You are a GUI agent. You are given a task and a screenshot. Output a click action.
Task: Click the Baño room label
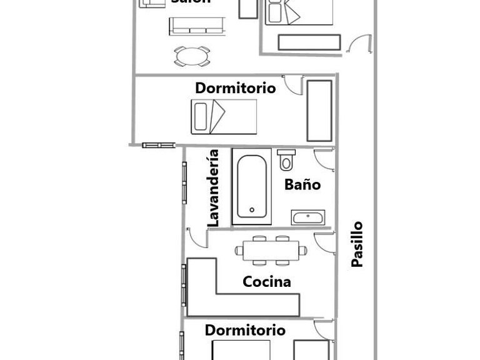click(302, 184)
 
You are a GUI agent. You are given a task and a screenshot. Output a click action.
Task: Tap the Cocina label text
click(267, 282)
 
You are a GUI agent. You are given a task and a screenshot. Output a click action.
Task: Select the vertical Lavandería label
click(213, 187)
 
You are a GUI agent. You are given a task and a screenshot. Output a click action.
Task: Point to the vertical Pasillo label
click(357, 244)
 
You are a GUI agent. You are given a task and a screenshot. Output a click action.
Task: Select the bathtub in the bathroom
click(252, 186)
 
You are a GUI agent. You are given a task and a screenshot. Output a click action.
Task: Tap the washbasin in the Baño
click(307, 218)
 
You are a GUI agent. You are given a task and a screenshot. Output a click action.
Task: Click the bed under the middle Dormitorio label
click(224, 116)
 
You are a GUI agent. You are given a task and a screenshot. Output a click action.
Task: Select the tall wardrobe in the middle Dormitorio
click(319, 110)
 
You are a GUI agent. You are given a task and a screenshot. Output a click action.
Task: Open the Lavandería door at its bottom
click(196, 237)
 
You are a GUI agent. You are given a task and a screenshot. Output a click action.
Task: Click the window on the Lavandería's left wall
click(184, 182)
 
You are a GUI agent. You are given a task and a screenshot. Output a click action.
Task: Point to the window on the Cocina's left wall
click(184, 285)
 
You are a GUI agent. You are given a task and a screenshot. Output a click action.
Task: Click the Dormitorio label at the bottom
click(245, 330)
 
